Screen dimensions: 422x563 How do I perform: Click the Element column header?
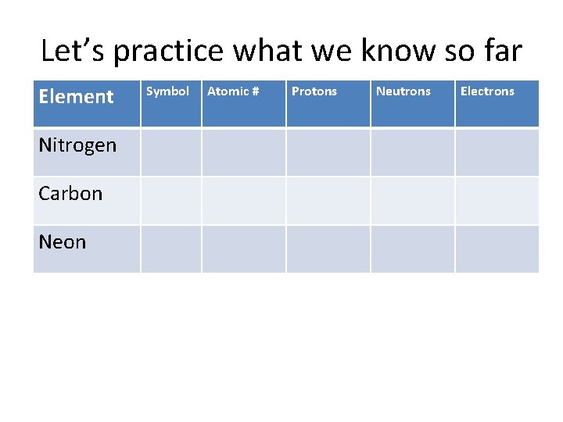76,97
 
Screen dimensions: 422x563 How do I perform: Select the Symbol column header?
168,91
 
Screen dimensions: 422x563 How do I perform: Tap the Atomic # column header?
233,91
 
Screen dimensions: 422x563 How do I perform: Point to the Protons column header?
314,91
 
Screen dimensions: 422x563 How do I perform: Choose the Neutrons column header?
403,91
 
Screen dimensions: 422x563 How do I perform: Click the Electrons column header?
487,91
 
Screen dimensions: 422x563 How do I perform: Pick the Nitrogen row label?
77,145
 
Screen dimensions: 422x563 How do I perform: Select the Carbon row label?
70,194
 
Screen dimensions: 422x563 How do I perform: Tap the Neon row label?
63,242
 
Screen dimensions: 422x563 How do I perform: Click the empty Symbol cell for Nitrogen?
171,152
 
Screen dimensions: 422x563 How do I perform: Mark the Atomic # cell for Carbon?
244,200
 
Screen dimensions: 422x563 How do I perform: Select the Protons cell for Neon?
328,249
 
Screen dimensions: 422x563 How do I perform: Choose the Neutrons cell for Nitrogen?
413,152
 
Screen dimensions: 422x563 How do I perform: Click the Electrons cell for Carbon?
497,200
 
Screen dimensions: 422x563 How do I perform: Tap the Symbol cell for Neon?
171,249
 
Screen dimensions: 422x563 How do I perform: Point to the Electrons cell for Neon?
497,249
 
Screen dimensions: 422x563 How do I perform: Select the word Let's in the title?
74,51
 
